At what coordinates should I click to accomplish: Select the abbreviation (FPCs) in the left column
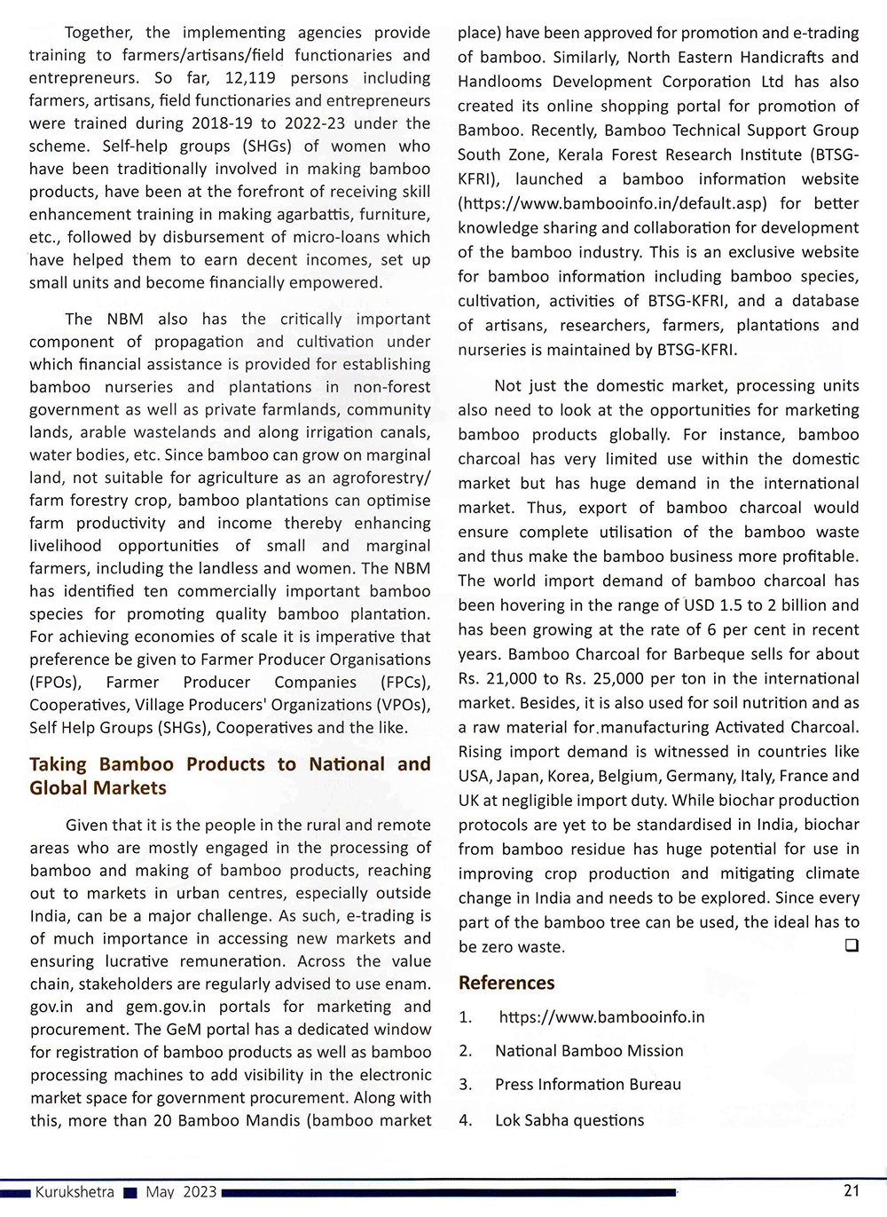point(404,682)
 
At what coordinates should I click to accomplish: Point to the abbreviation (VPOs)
point(402,705)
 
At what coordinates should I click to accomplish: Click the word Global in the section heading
point(61,788)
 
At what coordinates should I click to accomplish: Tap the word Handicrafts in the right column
point(774,58)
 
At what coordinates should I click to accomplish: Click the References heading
point(506,983)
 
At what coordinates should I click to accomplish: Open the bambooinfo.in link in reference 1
point(601,1017)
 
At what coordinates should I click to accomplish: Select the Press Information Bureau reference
point(588,1085)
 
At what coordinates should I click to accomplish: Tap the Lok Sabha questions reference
point(569,1120)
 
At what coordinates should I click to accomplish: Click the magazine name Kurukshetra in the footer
point(75,1192)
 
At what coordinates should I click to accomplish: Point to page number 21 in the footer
point(851,1191)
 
